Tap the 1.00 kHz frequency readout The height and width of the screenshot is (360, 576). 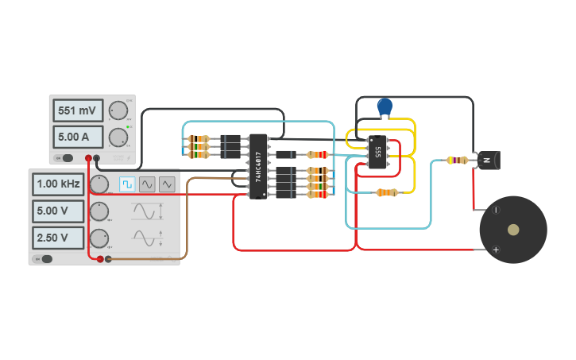click(58, 184)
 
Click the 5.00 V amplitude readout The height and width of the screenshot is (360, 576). click(58, 211)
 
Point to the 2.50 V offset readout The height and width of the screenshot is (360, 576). click(58, 238)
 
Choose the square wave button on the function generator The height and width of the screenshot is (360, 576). click(127, 184)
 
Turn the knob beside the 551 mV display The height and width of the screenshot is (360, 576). click(119, 110)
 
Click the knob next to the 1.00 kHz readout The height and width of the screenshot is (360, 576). click(99, 184)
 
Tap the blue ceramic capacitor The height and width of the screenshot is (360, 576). click(385, 106)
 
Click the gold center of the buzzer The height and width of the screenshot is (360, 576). click(513, 230)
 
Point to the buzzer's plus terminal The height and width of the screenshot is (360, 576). click(496, 250)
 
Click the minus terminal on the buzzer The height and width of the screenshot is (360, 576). click(496, 210)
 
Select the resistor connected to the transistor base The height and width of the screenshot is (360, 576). click(457, 160)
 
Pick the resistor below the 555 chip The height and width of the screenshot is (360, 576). click(387, 192)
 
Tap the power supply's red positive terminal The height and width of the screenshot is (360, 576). click(88, 159)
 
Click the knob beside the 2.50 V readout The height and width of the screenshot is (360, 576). click(99, 238)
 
